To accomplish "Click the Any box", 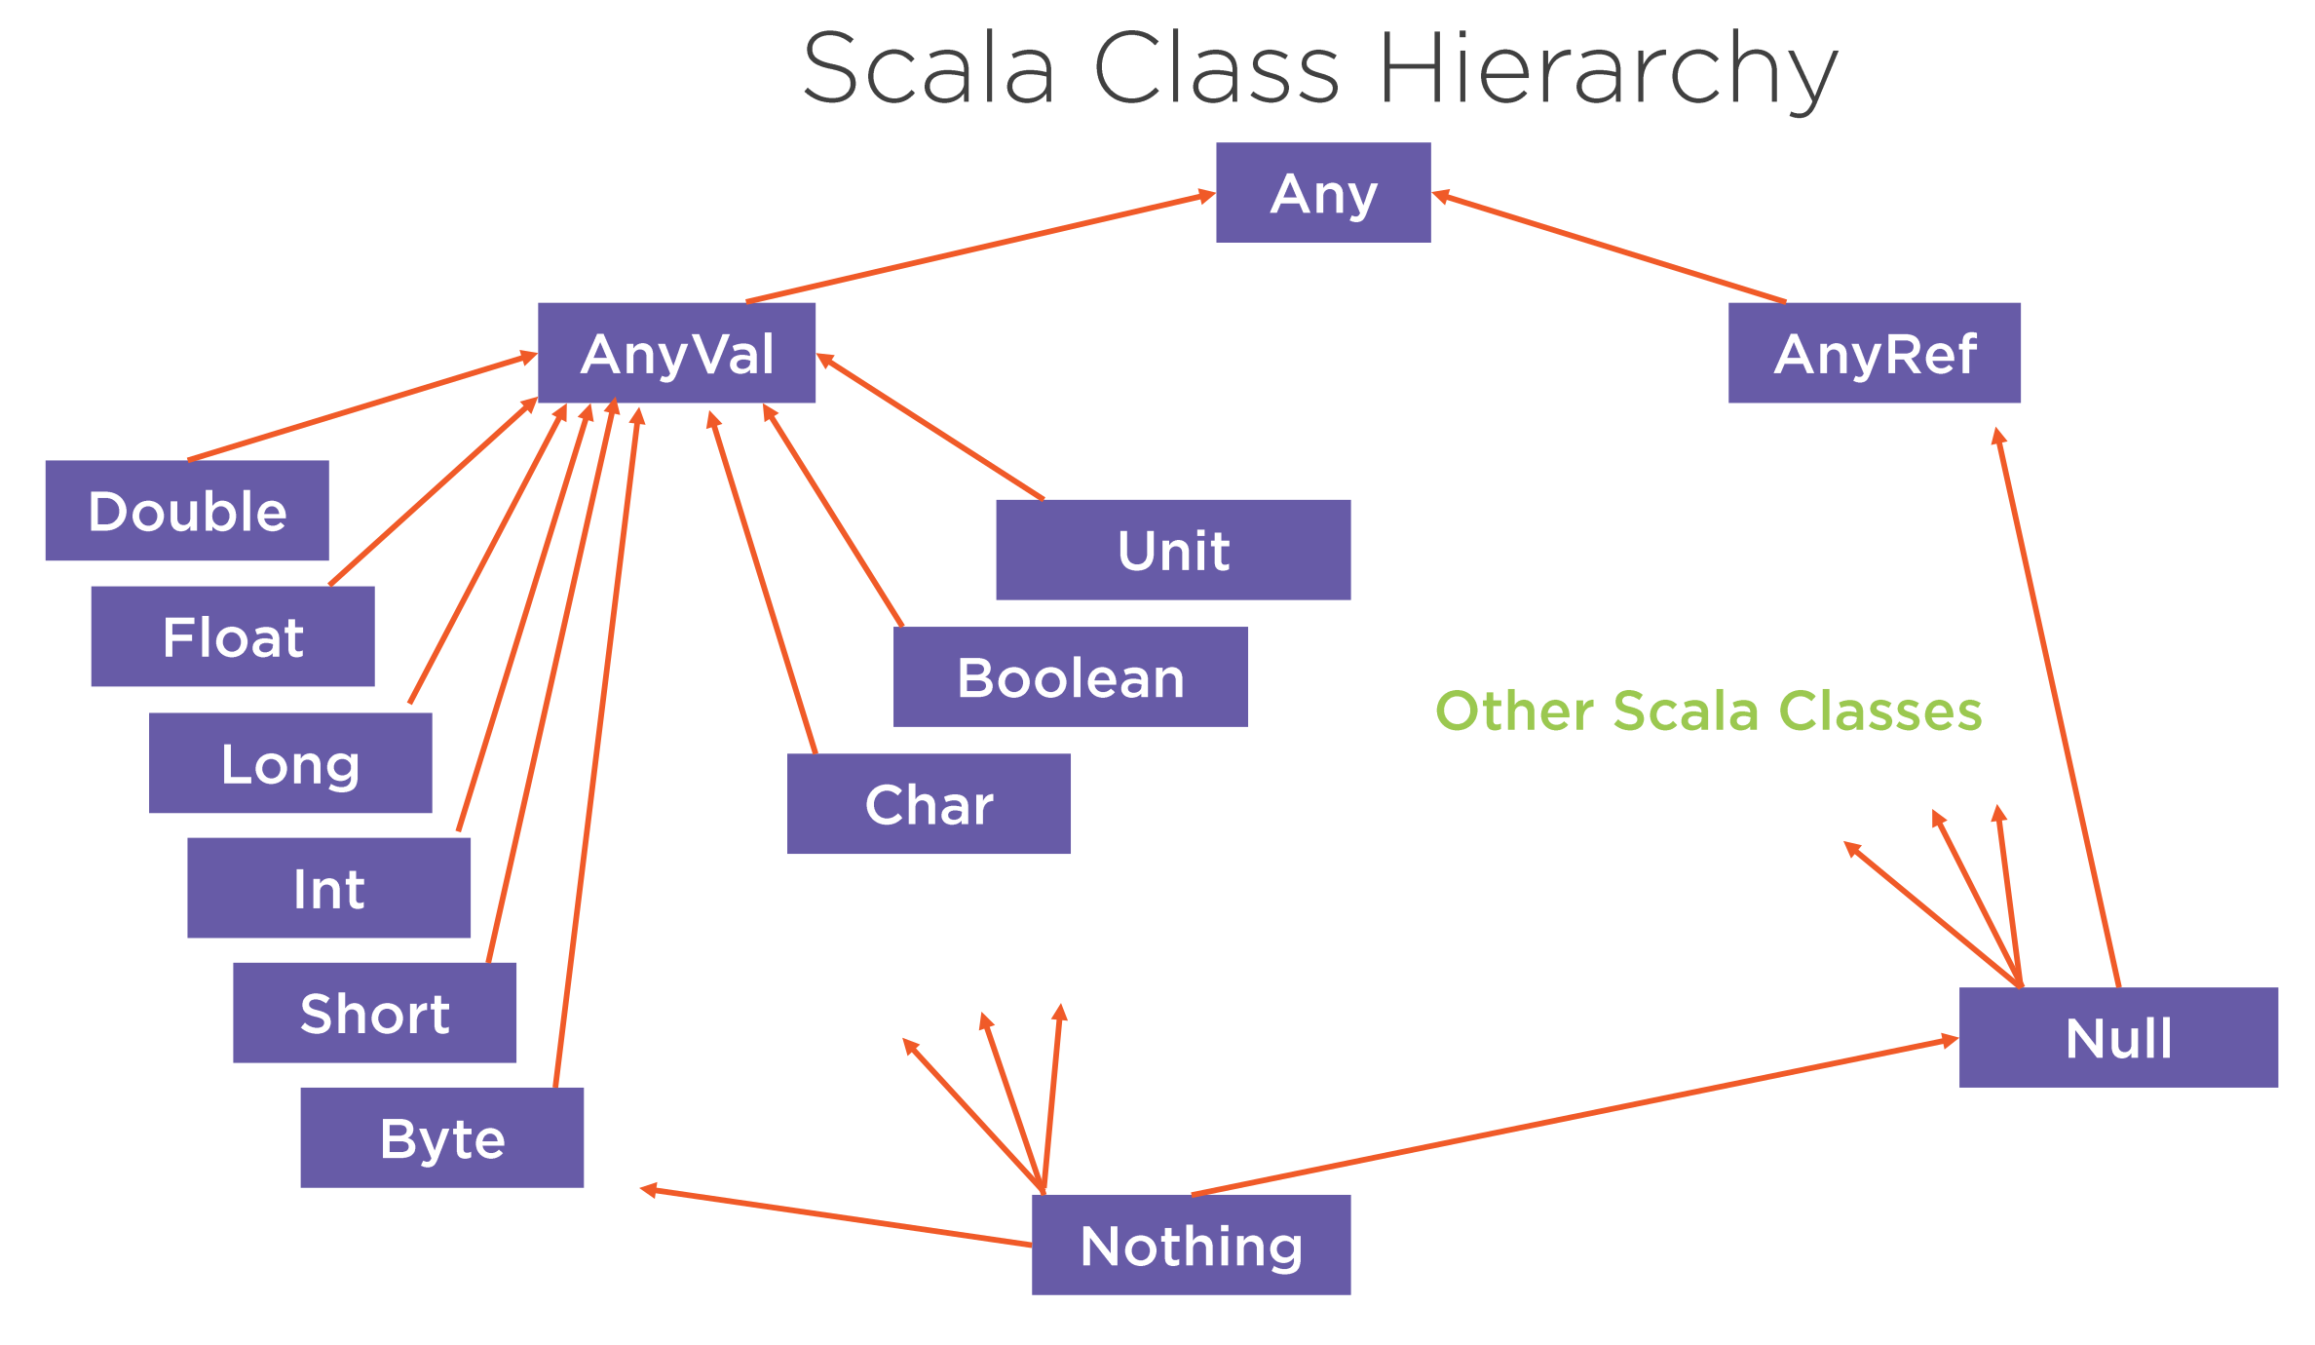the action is tap(1323, 192).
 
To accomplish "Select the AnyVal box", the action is tap(676, 353).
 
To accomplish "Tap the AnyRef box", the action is tap(1875, 353).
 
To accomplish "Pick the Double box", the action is tap(187, 511).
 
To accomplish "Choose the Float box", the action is tap(233, 636).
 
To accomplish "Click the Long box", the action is tap(290, 763).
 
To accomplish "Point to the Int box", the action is tap(328, 888).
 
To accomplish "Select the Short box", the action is tap(374, 1013).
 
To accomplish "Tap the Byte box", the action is tap(442, 1137).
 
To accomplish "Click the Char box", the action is tap(929, 804).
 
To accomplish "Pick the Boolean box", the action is tap(1071, 677).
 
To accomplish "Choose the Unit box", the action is tap(1173, 550).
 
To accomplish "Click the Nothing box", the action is tap(1192, 1245).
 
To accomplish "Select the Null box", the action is tap(2118, 1037).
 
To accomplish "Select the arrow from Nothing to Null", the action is tap(1575, 1116).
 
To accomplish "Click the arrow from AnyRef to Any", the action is tap(1609, 248).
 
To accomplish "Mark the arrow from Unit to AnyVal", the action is tap(930, 426).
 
